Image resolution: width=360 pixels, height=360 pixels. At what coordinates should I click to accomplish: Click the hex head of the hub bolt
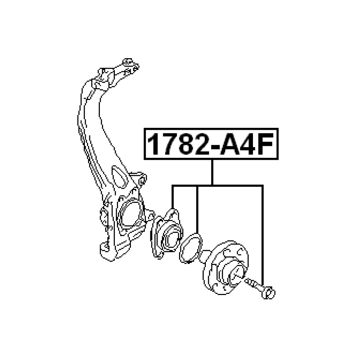point(270,293)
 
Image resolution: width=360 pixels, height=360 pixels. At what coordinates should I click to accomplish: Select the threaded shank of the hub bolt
point(254,284)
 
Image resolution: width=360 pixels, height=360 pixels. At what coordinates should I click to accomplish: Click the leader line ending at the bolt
point(262,236)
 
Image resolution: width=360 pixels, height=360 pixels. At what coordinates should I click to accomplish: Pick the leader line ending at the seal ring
point(197,209)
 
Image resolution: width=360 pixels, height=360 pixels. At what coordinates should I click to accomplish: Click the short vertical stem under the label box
point(212,172)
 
